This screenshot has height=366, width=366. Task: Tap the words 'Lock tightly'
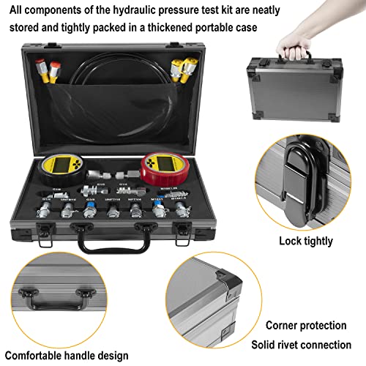[306, 240]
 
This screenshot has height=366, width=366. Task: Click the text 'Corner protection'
[306, 326]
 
